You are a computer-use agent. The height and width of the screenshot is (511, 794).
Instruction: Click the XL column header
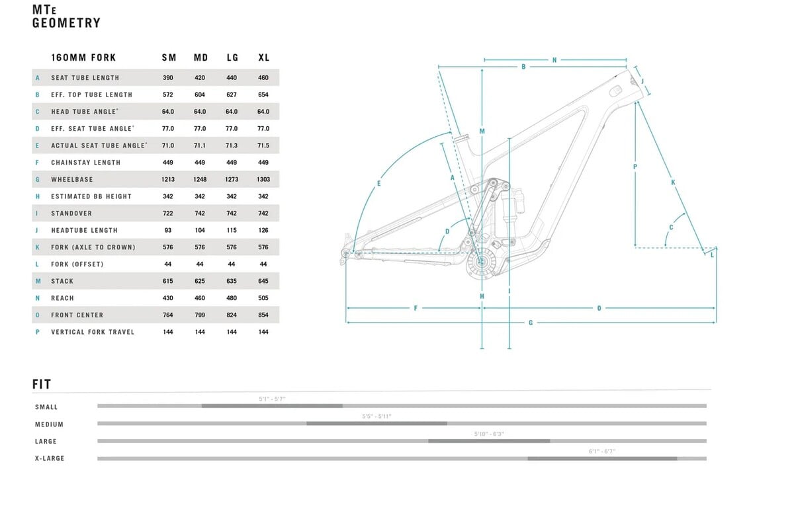(x=264, y=58)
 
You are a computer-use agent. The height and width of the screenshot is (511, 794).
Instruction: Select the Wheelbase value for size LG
(x=232, y=180)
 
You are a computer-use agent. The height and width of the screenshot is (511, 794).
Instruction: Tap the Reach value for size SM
(x=167, y=298)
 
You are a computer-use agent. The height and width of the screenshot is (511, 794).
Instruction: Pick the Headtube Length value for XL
(x=263, y=230)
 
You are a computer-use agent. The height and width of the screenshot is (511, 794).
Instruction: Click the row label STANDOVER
(x=71, y=213)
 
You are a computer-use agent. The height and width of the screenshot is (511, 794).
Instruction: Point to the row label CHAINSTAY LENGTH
(x=86, y=163)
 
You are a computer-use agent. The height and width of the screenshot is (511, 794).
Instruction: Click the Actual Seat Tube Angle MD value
(x=200, y=145)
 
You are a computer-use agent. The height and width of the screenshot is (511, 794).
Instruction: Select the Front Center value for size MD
(x=200, y=315)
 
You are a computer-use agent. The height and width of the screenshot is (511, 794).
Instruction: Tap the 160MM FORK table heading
(x=83, y=58)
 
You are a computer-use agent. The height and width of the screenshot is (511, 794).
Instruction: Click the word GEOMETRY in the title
(x=67, y=23)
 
